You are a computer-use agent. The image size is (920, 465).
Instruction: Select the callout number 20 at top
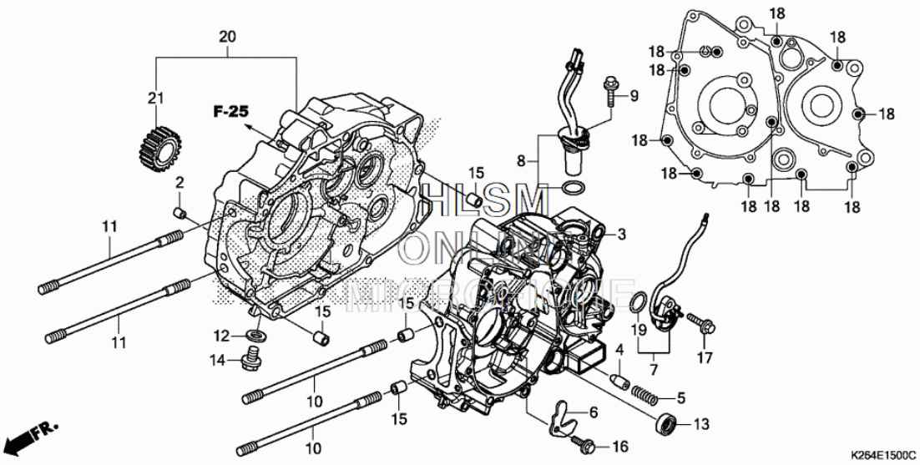coord(227,37)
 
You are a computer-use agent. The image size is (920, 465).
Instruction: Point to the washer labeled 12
coord(256,336)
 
